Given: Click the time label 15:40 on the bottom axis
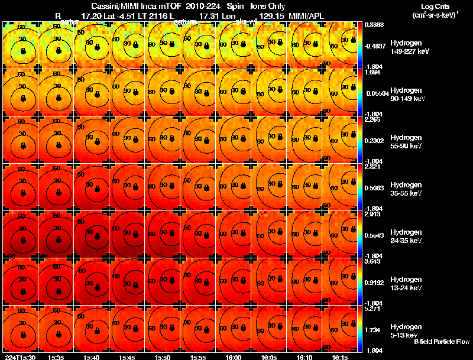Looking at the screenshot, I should tap(91, 357).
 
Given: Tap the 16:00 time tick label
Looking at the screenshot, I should tap(234, 357).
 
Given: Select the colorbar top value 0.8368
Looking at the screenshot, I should tap(374, 25).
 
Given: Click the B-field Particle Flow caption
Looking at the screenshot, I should tap(441, 342).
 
